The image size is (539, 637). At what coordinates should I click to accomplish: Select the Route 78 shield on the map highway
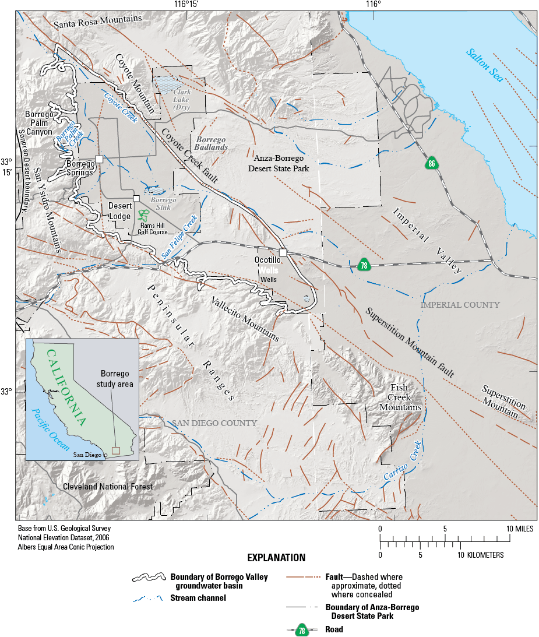click(x=364, y=265)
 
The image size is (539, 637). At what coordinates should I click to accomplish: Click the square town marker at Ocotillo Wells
click(x=283, y=252)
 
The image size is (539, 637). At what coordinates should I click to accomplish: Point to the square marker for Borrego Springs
click(x=99, y=159)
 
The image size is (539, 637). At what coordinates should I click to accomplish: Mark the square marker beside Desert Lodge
click(x=136, y=199)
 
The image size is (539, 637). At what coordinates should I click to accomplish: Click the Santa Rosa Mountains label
click(x=97, y=20)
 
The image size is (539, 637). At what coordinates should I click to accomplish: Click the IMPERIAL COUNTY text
click(x=460, y=305)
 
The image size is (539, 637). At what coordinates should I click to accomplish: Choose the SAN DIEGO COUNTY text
click(x=214, y=423)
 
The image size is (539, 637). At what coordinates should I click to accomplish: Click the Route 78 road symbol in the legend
click(x=302, y=630)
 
